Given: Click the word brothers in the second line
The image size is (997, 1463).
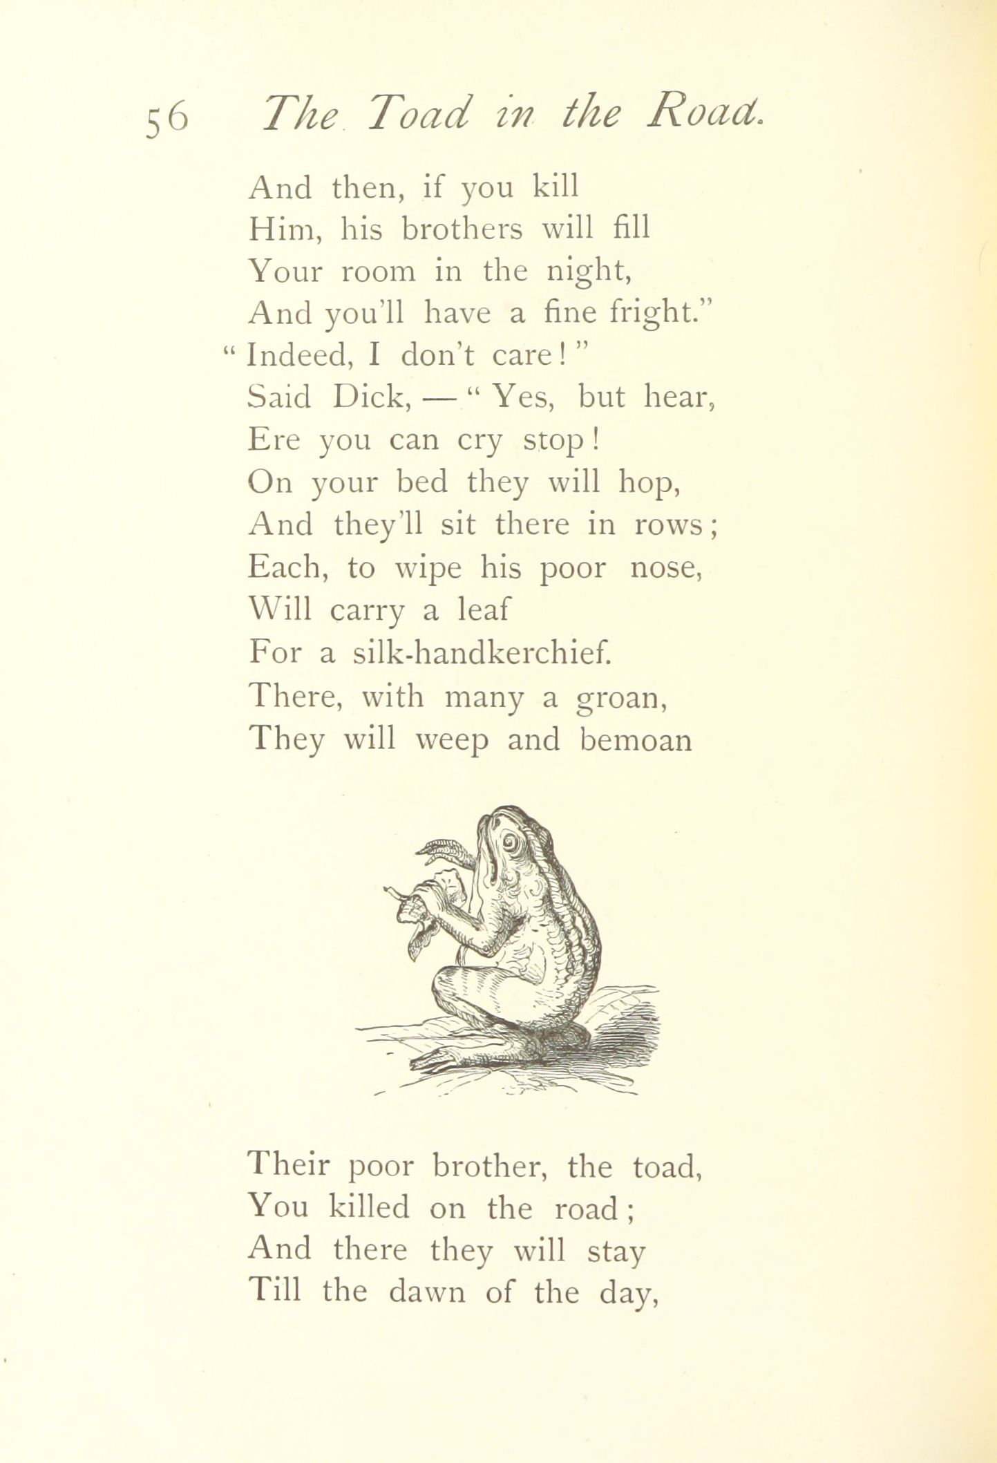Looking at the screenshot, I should [462, 229].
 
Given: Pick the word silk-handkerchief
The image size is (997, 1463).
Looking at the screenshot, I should [482, 652].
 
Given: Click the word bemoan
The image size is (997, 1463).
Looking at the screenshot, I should [636, 740].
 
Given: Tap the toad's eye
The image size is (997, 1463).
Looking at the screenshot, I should [511, 842].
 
